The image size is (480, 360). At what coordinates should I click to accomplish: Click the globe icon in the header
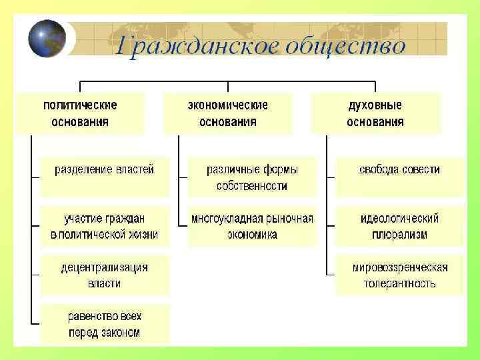click(47, 39)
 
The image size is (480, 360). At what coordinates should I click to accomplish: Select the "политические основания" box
click(80, 113)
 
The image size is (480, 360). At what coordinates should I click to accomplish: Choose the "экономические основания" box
click(228, 113)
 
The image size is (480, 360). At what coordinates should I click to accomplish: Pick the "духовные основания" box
click(375, 113)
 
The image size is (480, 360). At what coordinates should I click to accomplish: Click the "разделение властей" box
click(105, 171)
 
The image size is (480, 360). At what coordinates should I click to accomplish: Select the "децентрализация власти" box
click(105, 275)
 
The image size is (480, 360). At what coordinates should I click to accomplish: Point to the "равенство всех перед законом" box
click(105, 324)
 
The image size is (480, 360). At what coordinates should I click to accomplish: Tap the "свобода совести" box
click(399, 171)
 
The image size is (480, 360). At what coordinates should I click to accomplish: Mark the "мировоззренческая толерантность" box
click(399, 275)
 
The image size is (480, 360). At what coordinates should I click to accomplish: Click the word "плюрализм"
click(399, 235)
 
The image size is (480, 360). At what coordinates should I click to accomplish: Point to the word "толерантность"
click(399, 283)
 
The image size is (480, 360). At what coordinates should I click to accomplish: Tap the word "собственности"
click(252, 186)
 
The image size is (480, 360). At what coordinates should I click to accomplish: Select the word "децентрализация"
click(105, 267)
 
